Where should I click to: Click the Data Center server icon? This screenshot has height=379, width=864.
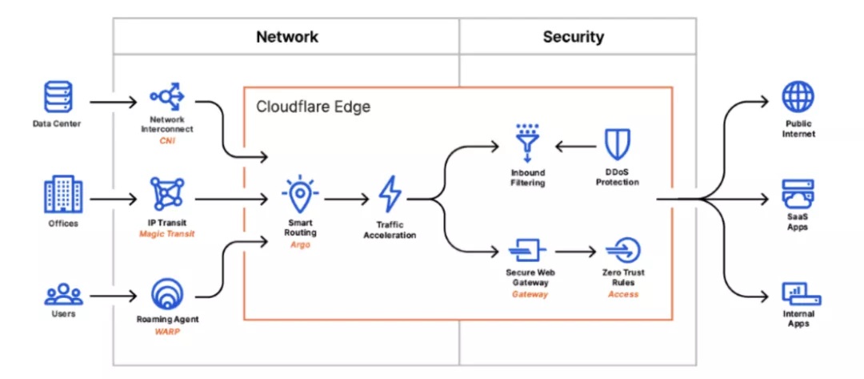(58, 98)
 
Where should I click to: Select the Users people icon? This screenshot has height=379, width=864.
(63, 294)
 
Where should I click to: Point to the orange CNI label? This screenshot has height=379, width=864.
(166, 141)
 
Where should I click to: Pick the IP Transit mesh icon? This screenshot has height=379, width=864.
(167, 194)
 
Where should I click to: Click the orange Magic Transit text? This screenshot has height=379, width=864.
(166, 234)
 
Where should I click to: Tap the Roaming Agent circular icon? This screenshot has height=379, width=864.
(167, 294)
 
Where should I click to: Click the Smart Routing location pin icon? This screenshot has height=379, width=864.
(300, 194)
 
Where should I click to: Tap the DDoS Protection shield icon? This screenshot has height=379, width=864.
(617, 144)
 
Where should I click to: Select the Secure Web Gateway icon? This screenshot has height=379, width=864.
(526, 251)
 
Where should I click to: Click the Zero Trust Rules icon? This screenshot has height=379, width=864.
(623, 251)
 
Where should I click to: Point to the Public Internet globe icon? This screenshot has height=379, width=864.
(798, 98)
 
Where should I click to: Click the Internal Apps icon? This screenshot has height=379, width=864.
(801, 295)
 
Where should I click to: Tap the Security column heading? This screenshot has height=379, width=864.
(573, 37)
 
